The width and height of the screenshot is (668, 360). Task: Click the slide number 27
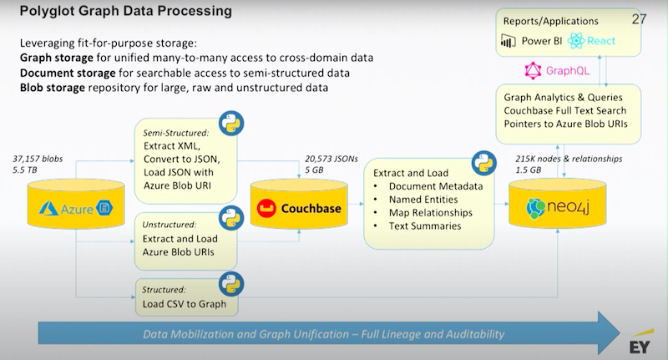click(639, 19)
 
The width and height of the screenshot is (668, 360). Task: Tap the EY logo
click(640, 342)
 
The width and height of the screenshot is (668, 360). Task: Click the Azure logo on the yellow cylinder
click(48, 208)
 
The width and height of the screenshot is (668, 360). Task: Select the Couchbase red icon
click(266, 208)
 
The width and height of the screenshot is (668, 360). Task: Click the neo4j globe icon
click(535, 208)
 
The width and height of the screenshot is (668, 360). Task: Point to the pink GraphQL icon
click(533, 71)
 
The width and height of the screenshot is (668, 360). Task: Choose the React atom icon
click(576, 41)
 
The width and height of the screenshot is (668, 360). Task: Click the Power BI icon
click(509, 41)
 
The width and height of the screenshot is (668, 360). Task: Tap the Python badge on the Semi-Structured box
click(231, 123)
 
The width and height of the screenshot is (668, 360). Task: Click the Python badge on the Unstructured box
click(231, 218)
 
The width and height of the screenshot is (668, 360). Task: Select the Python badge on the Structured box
click(231, 284)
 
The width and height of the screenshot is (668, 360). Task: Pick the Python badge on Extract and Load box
click(484, 163)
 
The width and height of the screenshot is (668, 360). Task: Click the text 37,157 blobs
click(38, 159)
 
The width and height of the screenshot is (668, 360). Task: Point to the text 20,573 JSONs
click(331, 159)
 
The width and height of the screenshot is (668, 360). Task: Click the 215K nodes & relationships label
click(569, 159)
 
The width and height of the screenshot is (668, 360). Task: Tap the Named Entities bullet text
click(423, 200)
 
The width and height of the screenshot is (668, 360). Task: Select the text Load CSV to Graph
click(185, 304)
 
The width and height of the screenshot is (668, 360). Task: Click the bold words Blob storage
click(53, 88)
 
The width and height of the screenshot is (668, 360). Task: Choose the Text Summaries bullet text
click(425, 226)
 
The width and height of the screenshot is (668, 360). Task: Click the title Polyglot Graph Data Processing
click(126, 11)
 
